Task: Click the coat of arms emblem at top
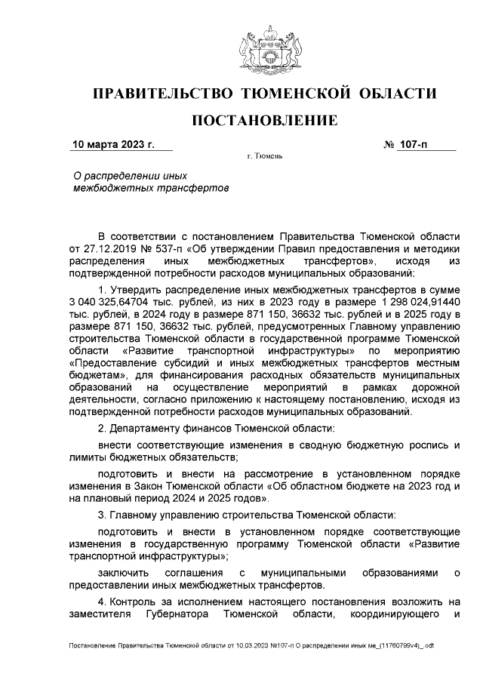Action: tap(263, 48)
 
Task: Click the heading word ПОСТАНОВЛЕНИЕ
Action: tap(263, 121)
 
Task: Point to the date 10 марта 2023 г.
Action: tap(112, 143)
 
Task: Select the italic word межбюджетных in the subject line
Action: tap(105, 187)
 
